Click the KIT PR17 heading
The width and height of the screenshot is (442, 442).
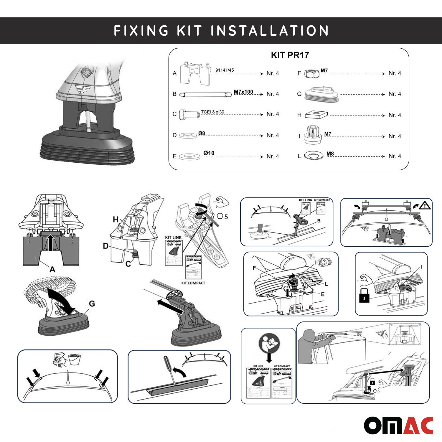(x=290, y=55)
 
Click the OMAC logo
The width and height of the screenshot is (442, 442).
(x=398, y=425)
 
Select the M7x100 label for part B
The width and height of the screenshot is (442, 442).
(x=243, y=92)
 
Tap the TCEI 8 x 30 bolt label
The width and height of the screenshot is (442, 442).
(x=212, y=112)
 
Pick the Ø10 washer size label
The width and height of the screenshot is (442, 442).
(x=209, y=153)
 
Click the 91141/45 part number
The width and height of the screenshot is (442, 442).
(x=225, y=70)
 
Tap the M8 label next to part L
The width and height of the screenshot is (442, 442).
(x=330, y=154)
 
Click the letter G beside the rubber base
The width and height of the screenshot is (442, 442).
(x=92, y=303)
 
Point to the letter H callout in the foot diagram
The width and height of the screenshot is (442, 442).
(x=116, y=219)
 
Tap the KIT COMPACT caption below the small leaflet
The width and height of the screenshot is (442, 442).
(x=193, y=283)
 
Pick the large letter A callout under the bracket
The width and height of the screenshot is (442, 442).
(x=52, y=269)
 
